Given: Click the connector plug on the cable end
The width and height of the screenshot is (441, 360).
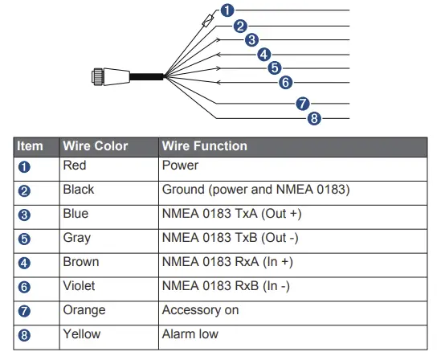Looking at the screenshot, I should [x=104, y=77].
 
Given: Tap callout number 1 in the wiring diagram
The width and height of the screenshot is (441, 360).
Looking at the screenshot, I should [x=227, y=10].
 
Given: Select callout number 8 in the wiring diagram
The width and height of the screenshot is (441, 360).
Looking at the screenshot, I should [x=314, y=119].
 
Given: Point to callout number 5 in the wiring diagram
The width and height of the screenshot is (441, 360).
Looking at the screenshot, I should [x=275, y=67].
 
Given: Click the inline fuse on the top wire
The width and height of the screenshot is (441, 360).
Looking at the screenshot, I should [x=210, y=19].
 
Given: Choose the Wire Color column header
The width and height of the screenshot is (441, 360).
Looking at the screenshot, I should [x=95, y=147].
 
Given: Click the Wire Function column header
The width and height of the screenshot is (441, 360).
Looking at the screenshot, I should [x=204, y=147].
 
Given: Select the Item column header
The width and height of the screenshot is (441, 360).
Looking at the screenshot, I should [x=31, y=147].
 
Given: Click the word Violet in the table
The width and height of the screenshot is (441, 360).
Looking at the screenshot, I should [x=80, y=285].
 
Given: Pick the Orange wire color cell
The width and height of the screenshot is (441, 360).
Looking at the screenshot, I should [x=83, y=309].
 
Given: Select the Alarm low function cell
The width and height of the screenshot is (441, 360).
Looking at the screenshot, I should [x=190, y=333].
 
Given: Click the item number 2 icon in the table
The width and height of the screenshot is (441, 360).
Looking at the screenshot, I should [x=24, y=190].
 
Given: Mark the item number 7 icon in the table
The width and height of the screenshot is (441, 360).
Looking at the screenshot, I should [x=24, y=310].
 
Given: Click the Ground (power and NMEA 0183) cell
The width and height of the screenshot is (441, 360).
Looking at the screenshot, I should [x=255, y=190].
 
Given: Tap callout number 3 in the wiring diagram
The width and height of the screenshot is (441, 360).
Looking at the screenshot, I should [x=251, y=39].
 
